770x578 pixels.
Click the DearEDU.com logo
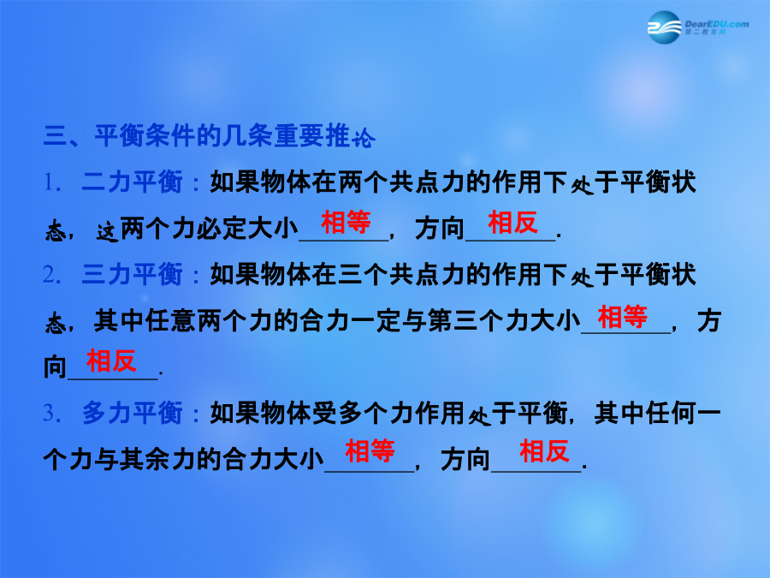[x=698, y=27]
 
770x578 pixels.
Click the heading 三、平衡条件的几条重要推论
[x=210, y=135]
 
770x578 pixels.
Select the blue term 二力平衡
[x=132, y=182]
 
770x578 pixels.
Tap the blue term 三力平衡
[x=132, y=274]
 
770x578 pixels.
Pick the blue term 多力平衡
[x=132, y=413]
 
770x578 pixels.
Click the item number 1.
[x=51, y=183]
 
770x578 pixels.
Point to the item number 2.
[x=51, y=275]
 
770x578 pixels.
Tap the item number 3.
[x=51, y=413]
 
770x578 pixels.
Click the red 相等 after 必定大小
[x=346, y=222]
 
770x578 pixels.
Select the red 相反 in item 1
[x=512, y=222]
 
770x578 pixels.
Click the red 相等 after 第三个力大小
[x=622, y=317]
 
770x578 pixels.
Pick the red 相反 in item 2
[x=111, y=361]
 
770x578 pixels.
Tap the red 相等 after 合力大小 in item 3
[x=370, y=450]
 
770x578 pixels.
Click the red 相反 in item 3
[x=544, y=450]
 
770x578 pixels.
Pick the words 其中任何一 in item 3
[x=658, y=413]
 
